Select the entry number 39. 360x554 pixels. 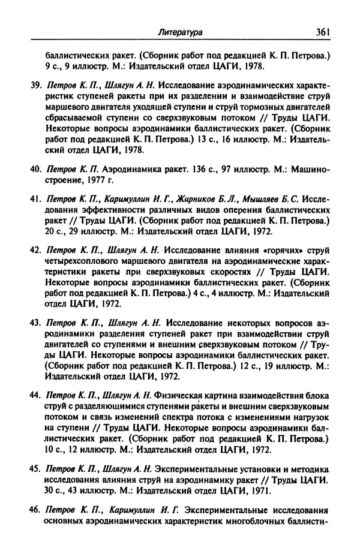click(35, 88)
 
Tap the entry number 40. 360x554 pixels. click(35, 170)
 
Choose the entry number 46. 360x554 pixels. click(35, 511)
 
